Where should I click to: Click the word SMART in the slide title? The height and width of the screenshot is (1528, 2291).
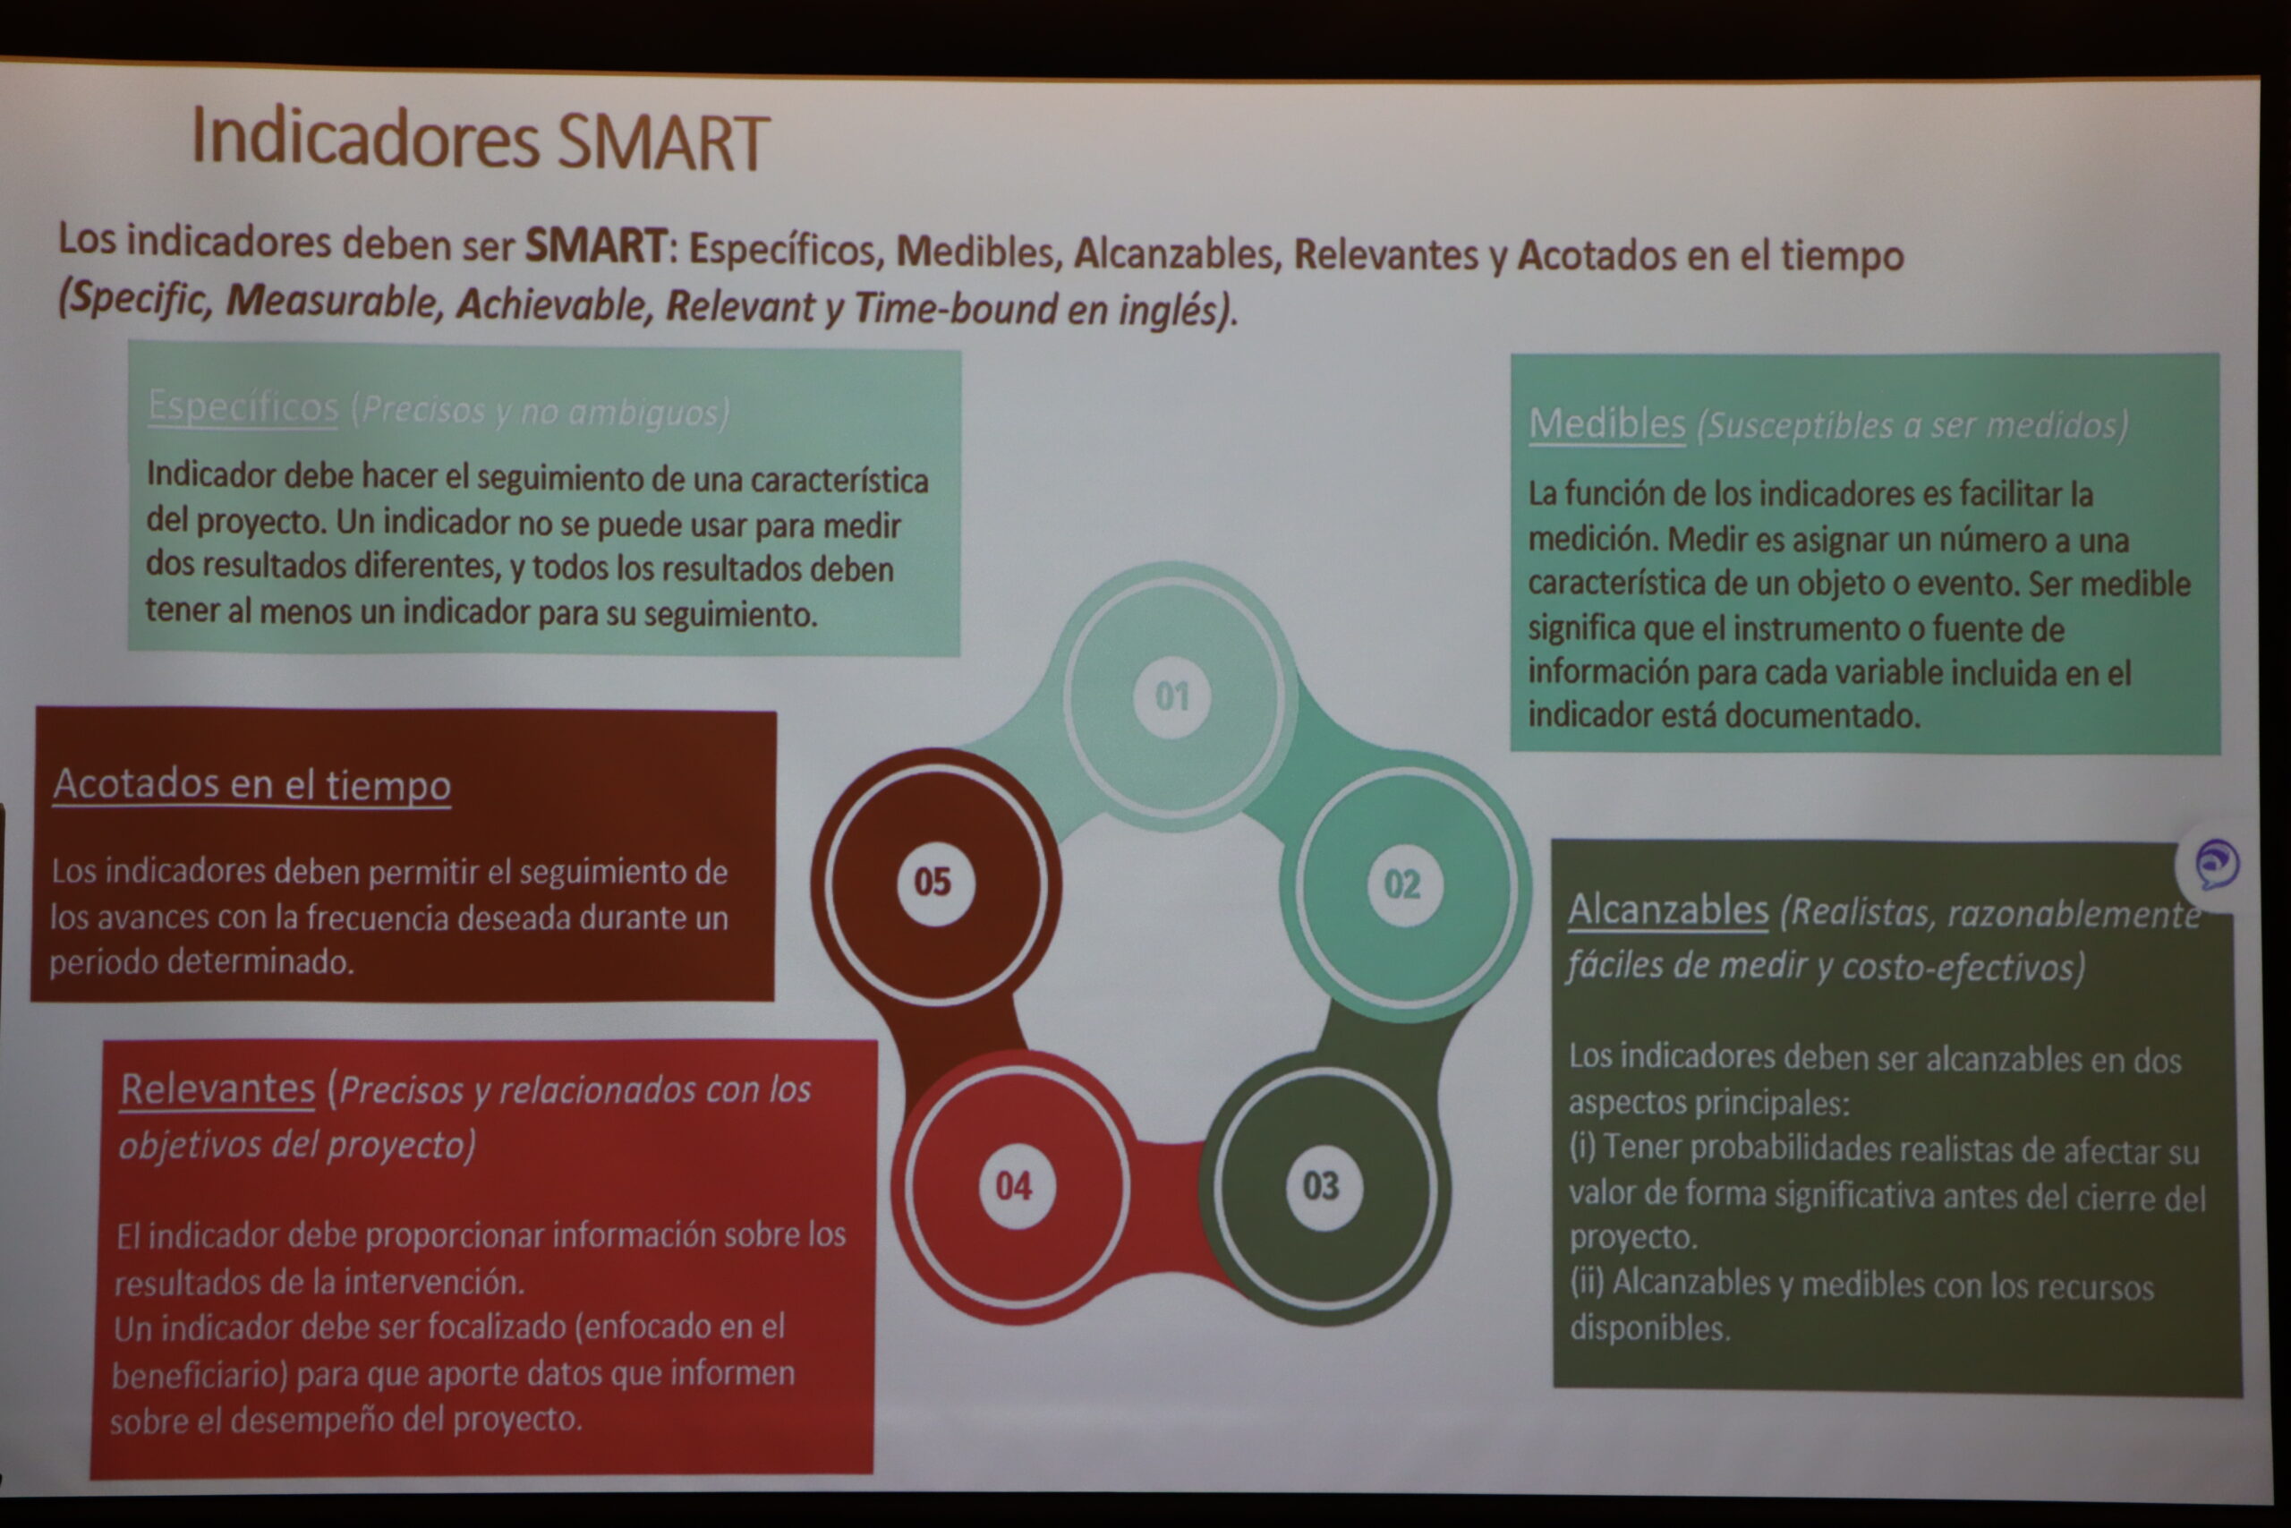coord(663,142)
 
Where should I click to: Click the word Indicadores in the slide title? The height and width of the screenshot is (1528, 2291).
coord(365,137)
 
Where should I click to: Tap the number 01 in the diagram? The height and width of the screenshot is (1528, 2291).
coord(1171,696)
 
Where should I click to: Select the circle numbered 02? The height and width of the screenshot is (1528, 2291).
coord(1402,884)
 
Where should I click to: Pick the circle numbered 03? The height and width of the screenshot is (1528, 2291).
coord(1322,1187)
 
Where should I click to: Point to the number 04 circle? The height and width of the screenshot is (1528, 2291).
coord(1015,1186)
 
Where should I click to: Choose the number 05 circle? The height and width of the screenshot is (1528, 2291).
coord(933,883)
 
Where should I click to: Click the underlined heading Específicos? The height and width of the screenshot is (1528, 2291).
coord(243,406)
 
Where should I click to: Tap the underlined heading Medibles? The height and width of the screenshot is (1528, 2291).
coord(1607,424)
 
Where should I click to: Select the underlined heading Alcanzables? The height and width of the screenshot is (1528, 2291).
coord(1667,910)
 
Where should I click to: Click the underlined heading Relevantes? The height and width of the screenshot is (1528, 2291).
coord(218,1088)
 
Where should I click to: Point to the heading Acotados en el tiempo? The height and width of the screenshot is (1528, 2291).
coord(252,784)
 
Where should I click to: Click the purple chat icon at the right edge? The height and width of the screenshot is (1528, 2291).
coord(2217,865)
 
